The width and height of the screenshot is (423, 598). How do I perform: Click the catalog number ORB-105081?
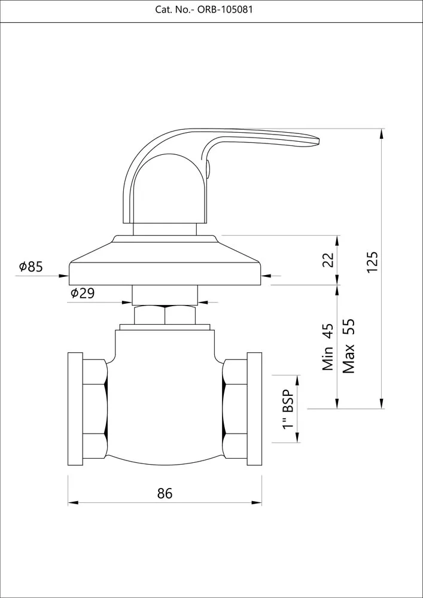coord(224,10)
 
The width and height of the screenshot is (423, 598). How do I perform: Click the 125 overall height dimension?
coord(372,262)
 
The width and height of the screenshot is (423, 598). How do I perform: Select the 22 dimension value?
coord(328,260)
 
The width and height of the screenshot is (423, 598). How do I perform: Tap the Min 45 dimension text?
coord(328,347)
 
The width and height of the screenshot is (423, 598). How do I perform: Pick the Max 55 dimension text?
coord(349,346)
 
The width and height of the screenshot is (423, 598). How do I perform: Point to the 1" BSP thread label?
coord(288,408)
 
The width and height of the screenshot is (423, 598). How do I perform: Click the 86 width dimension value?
coord(165,493)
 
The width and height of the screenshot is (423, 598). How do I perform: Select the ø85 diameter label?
coord(31,267)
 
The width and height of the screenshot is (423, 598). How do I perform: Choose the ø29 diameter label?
coord(83,293)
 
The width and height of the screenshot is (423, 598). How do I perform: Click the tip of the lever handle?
coord(318,141)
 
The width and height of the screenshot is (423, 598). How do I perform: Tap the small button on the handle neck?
coord(208,169)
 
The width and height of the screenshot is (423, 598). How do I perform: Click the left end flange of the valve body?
coord(75,409)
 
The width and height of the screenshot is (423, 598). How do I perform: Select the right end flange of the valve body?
coord(254,409)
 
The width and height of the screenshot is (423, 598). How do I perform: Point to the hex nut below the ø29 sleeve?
coord(165,315)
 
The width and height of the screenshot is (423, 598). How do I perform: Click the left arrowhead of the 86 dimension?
coord(73,503)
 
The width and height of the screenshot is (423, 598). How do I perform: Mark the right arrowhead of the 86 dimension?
coord(257,503)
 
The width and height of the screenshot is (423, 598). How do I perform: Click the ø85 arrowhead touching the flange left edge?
coord(64,275)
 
